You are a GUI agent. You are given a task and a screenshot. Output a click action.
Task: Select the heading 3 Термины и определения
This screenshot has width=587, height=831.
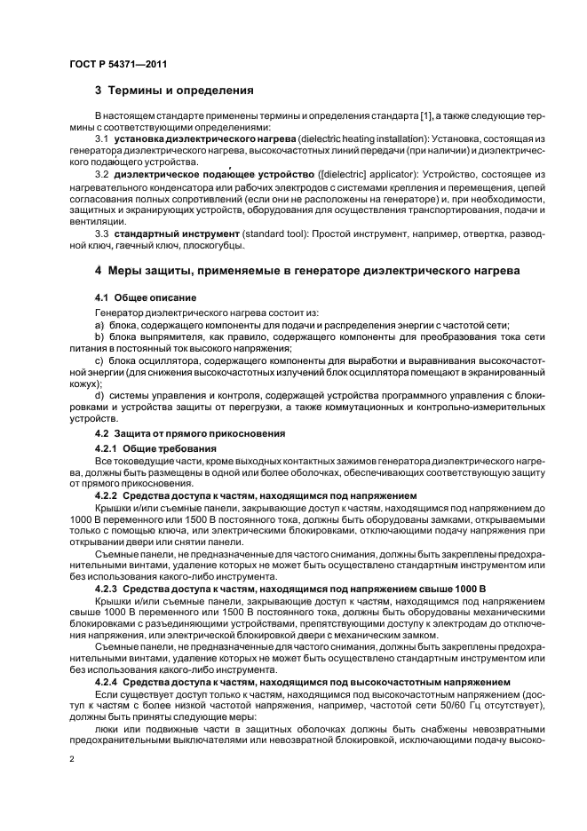coord(175,91)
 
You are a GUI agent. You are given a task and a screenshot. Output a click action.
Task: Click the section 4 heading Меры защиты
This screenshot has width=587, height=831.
coord(306,271)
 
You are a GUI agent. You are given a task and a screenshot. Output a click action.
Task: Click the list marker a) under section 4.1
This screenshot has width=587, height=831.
coord(99,326)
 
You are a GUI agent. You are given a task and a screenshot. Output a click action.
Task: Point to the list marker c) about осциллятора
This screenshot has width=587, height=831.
coord(99,361)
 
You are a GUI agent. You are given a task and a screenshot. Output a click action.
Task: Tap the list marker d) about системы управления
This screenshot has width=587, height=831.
coord(99,395)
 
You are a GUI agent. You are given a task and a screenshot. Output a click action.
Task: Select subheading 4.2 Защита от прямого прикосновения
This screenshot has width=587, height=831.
coord(190,432)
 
